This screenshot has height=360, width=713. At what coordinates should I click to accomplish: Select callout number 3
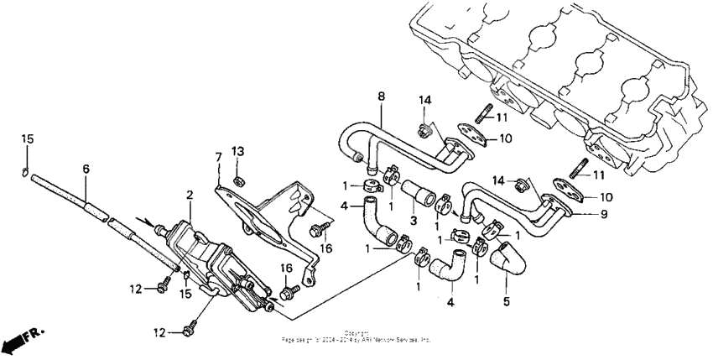click(412, 219)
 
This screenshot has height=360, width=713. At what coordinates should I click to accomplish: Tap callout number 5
click(506, 301)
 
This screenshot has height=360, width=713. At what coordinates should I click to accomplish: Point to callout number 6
click(86, 169)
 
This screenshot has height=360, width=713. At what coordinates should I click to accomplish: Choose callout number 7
click(218, 157)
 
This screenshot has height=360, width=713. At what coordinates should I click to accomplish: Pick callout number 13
click(237, 151)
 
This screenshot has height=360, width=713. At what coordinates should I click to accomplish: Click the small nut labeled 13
click(237, 179)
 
